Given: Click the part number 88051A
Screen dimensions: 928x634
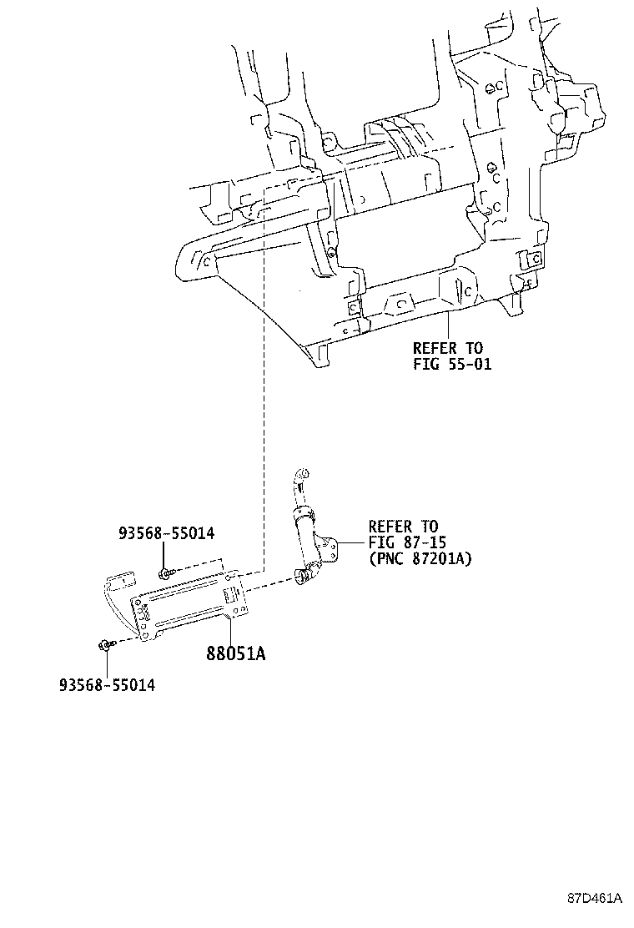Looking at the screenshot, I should [x=236, y=653].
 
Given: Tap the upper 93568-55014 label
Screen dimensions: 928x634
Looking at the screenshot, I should [x=165, y=533].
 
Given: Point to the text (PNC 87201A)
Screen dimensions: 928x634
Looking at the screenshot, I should [x=420, y=558].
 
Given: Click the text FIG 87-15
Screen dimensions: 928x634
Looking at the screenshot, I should [x=404, y=542].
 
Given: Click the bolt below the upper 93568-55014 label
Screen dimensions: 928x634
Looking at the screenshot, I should [x=164, y=572].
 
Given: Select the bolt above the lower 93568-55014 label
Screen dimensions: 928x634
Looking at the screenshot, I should [x=104, y=644].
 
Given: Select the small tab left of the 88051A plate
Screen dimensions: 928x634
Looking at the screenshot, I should [x=123, y=580].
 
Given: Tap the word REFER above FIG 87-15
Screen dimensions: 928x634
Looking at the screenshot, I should [x=390, y=527].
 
